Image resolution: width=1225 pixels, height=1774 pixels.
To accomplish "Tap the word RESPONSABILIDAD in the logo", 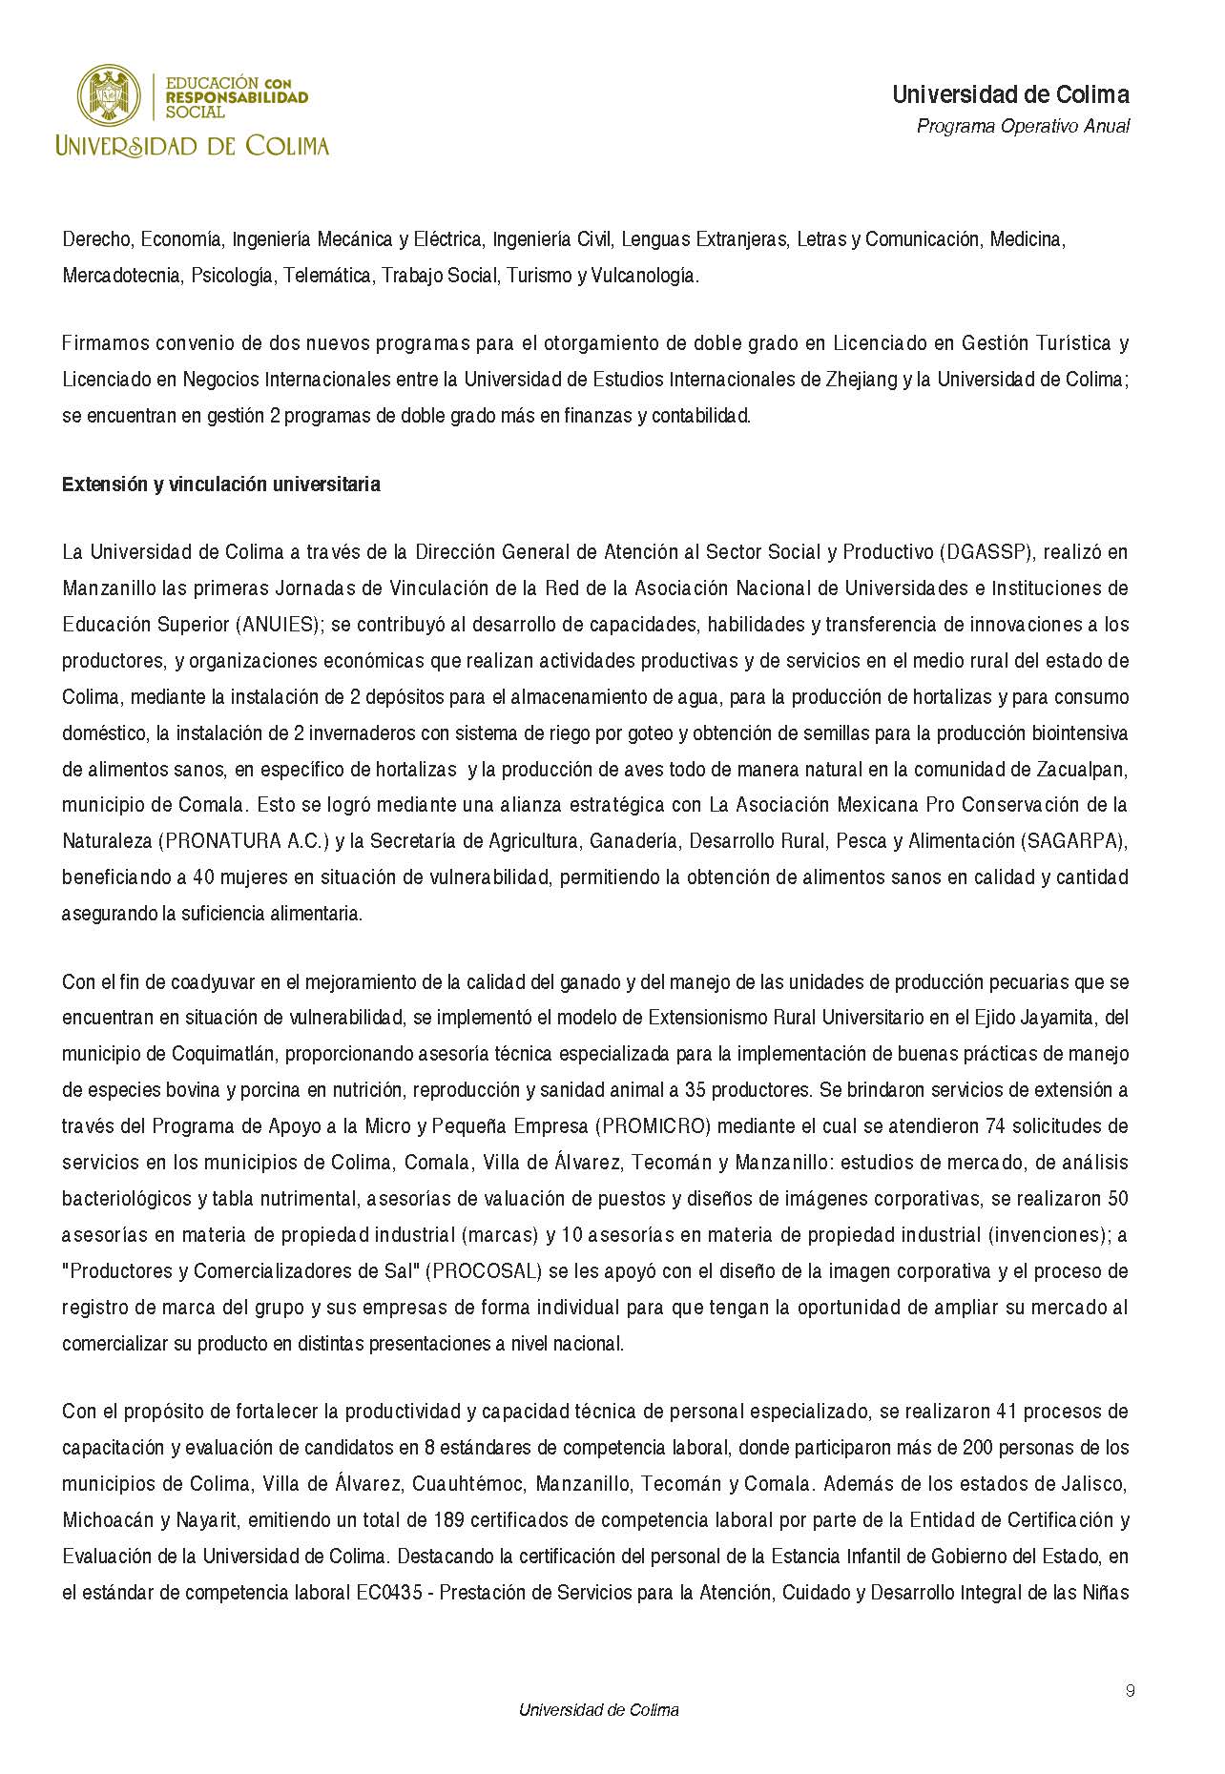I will point(237,97).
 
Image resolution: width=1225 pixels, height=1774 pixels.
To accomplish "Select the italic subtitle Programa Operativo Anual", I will point(1023,126).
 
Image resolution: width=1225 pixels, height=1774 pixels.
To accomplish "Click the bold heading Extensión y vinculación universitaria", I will point(221,485).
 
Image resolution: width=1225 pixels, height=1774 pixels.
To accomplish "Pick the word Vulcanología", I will point(645,277).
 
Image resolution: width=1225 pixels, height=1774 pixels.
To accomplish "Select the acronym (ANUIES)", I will point(278,625).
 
